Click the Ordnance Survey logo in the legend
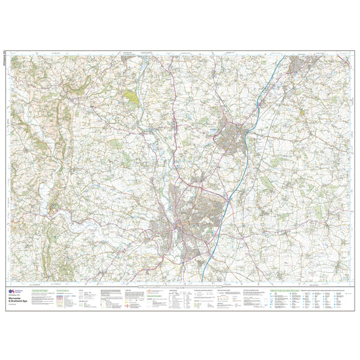click(13, 289)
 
